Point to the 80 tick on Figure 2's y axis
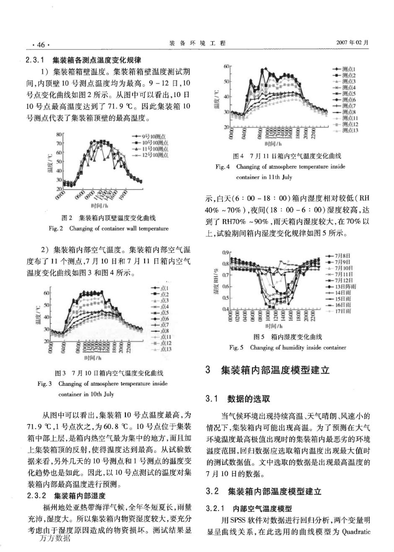click(59, 135)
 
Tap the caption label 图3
click(61, 373)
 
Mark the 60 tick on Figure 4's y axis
click(226, 67)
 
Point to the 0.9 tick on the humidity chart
click(226, 253)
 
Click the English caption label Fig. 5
click(236, 347)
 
